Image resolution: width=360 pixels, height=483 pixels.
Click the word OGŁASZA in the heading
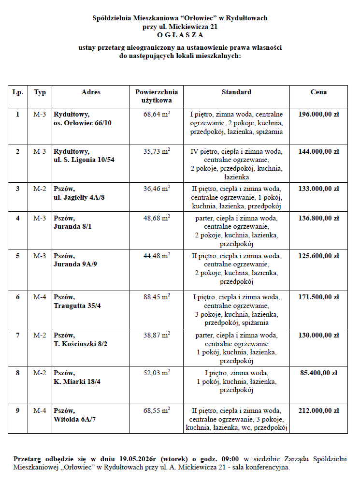[x=180, y=35]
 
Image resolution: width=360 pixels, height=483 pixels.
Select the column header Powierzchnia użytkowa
[x=157, y=96]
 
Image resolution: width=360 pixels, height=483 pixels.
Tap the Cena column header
[x=318, y=92]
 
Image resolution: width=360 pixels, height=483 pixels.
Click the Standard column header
[x=236, y=92]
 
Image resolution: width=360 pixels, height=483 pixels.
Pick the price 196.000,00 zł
[x=318, y=115]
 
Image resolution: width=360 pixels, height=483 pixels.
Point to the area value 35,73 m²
[x=157, y=151]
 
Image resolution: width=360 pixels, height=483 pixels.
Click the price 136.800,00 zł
[x=318, y=218]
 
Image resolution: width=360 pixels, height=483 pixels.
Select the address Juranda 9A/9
[x=75, y=264]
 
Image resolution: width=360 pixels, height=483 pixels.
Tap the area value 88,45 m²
[x=157, y=296]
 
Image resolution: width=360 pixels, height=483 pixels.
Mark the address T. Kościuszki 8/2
[x=81, y=344]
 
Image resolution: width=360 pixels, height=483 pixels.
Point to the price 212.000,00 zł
[x=318, y=410]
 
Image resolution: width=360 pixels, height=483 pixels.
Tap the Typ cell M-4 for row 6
[x=40, y=296]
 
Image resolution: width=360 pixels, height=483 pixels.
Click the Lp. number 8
[x=18, y=373]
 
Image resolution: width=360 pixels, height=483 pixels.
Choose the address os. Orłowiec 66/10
[x=83, y=123]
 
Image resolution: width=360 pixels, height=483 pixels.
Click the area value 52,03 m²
[x=157, y=373]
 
